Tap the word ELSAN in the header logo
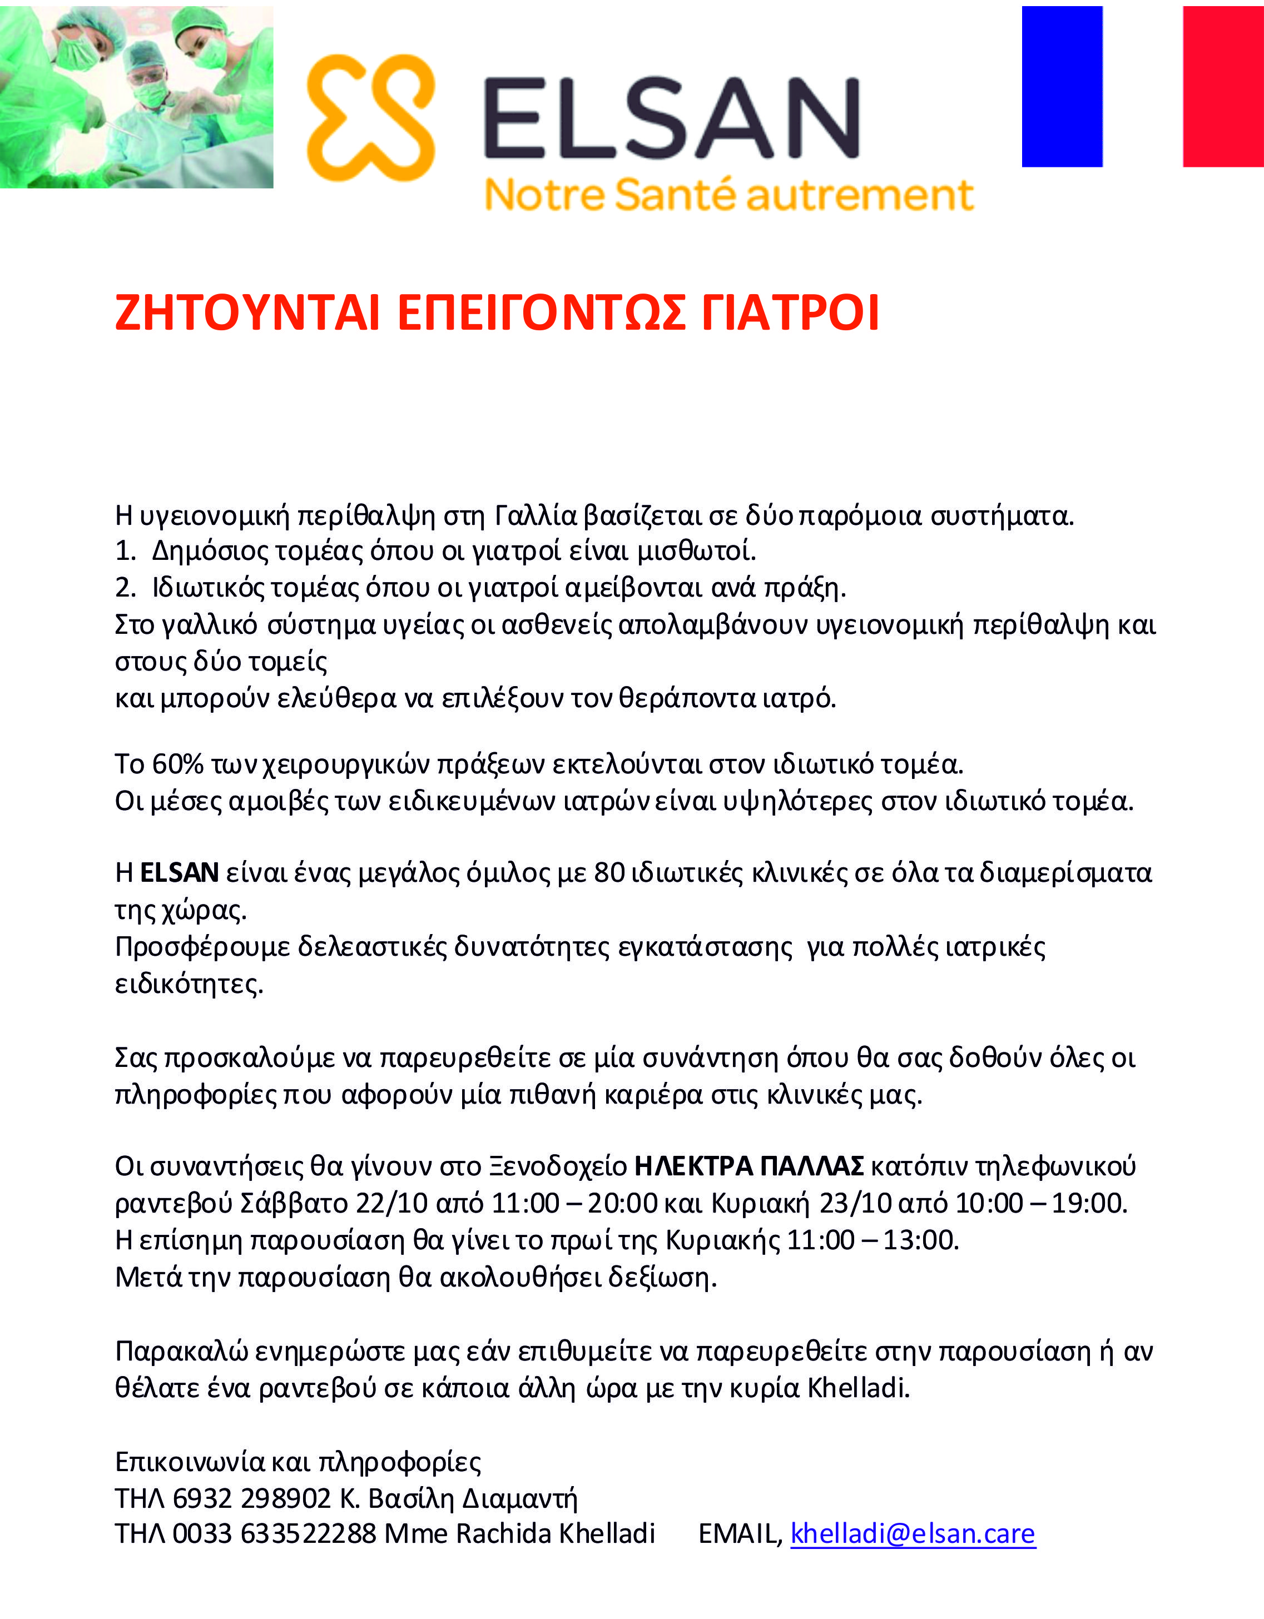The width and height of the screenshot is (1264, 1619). (x=671, y=118)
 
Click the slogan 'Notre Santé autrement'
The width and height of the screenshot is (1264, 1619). (x=728, y=195)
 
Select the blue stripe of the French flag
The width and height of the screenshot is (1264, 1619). (x=1062, y=87)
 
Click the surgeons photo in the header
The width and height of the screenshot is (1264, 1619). (x=136, y=96)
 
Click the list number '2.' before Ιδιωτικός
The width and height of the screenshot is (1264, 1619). (x=125, y=588)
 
